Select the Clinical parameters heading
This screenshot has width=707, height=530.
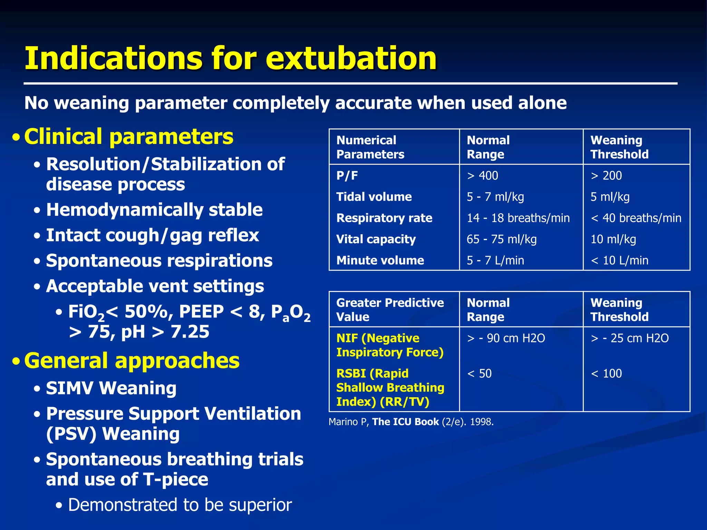(128, 137)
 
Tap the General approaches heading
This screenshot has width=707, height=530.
(132, 361)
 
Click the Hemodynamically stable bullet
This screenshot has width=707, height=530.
(154, 210)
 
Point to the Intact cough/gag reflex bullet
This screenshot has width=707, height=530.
(152, 235)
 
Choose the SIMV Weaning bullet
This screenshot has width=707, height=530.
(111, 388)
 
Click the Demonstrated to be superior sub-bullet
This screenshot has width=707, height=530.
(180, 505)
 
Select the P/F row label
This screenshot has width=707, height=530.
(347, 176)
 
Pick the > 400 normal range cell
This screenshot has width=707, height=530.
(482, 176)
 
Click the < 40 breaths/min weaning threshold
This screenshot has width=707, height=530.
(636, 218)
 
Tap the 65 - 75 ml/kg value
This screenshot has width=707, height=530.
(502, 239)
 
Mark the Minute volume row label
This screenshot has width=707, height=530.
(380, 260)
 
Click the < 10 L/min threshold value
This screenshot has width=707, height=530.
(620, 260)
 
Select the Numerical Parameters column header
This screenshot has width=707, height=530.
(370, 147)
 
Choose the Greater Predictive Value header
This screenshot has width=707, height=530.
(390, 310)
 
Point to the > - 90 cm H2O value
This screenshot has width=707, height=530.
(506, 338)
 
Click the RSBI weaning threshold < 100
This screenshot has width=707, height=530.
(606, 373)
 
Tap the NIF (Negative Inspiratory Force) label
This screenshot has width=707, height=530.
(390, 345)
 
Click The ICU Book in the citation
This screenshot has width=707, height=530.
(405, 422)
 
